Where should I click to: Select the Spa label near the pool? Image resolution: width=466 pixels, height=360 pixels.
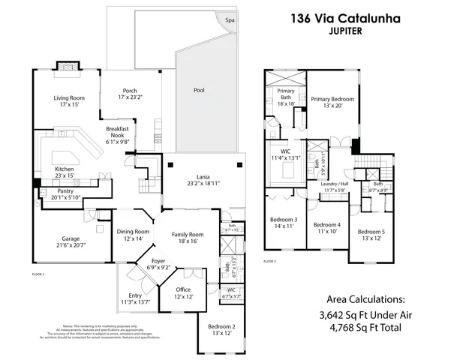(230, 21)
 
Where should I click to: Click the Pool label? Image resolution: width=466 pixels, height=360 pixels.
(199, 90)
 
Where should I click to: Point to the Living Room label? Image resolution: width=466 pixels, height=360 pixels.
(68, 98)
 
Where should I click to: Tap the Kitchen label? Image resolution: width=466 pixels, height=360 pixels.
(65, 169)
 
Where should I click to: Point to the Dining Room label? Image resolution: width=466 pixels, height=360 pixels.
(134, 232)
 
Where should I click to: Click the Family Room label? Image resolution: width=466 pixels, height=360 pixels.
(182, 234)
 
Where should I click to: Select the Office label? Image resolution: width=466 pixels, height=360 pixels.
(184, 289)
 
